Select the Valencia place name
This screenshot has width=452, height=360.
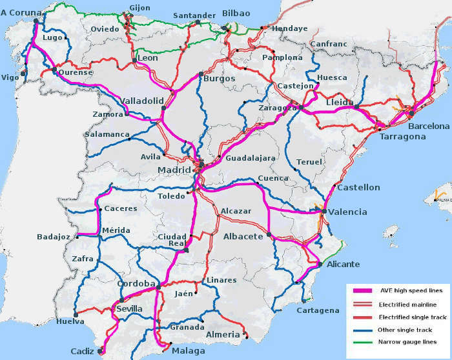(x=347, y=212)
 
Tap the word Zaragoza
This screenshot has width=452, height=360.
(x=277, y=108)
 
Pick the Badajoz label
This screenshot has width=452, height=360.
(x=55, y=237)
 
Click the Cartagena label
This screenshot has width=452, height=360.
(x=318, y=310)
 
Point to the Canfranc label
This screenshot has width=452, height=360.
(x=329, y=45)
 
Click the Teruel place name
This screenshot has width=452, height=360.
(x=308, y=161)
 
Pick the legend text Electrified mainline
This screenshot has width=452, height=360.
(x=407, y=304)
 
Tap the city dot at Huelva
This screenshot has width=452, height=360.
(x=75, y=315)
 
